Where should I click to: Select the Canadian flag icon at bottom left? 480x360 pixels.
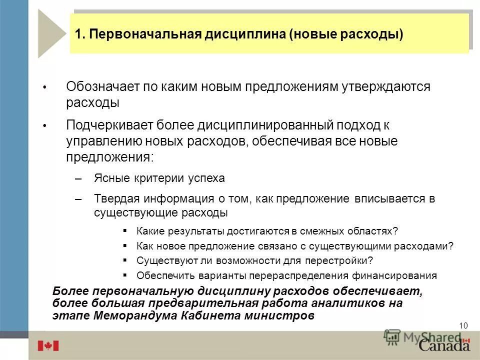click(x=48, y=345)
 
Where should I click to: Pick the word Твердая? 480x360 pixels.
click(x=114, y=198)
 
